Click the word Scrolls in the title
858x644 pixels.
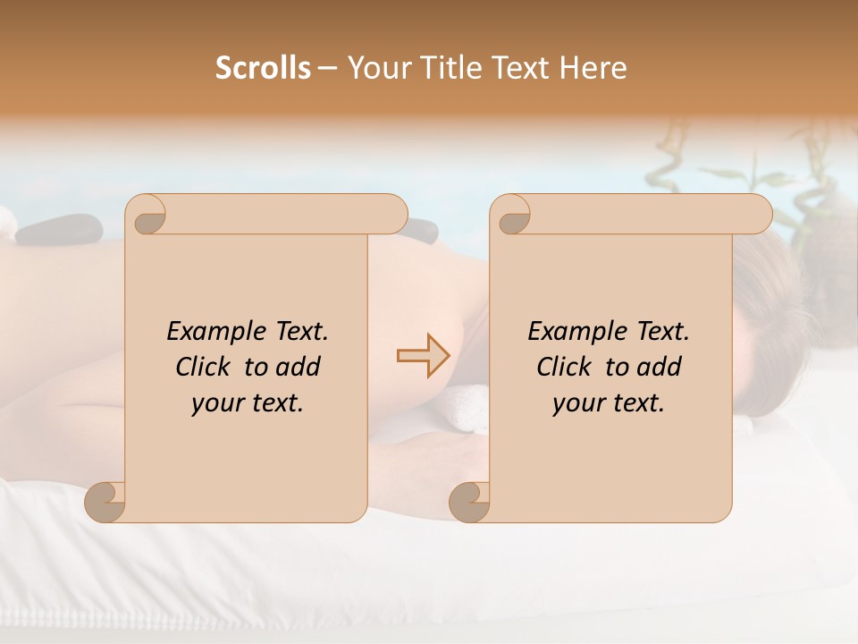point(263,68)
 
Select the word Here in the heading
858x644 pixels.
point(593,68)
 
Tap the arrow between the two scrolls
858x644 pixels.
point(424,355)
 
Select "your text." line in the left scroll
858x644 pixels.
point(247,403)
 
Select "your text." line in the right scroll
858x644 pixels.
point(608,403)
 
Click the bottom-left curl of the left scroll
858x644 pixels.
point(105,502)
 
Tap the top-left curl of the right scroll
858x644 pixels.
point(513,216)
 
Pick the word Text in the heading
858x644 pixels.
point(523,68)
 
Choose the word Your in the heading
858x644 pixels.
point(376,68)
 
